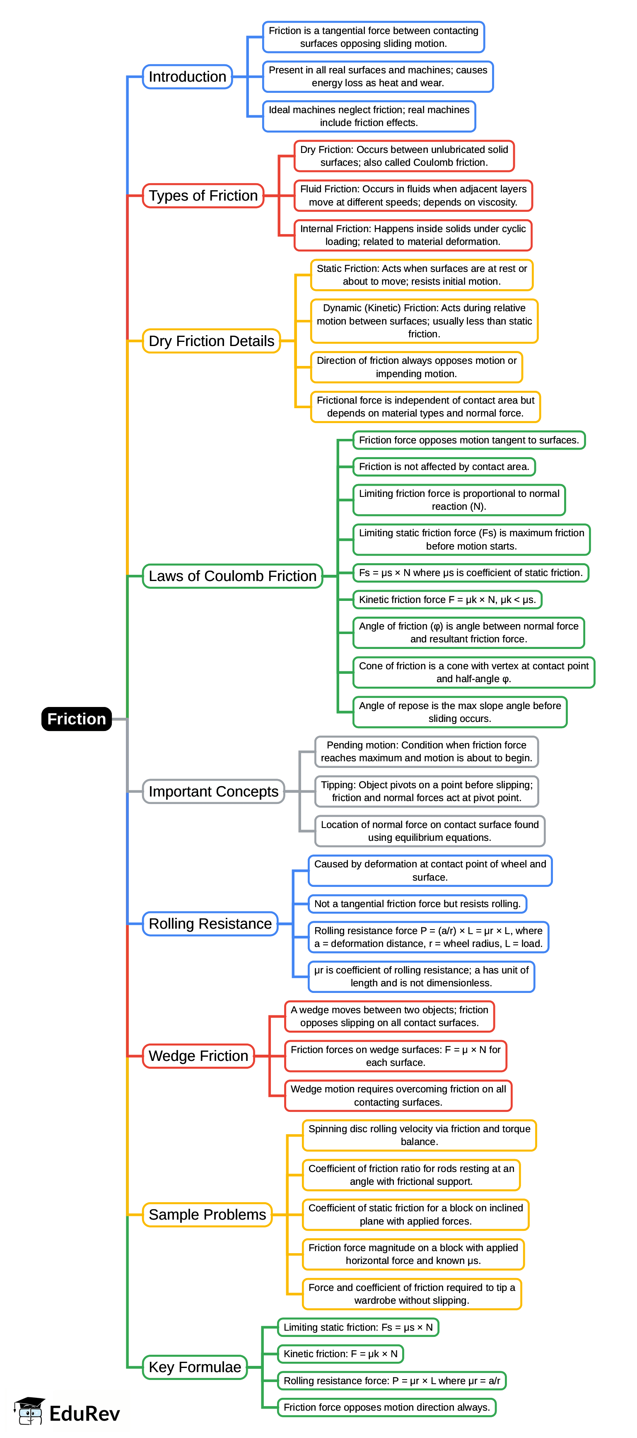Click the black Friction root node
(x=77, y=719)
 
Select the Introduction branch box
(x=188, y=77)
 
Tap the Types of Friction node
(x=203, y=195)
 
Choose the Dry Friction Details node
(x=211, y=341)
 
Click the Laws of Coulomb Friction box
(x=233, y=576)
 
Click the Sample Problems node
(x=207, y=1214)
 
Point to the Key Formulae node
(x=195, y=1367)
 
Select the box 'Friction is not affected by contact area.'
(x=444, y=467)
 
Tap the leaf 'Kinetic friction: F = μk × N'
(x=340, y=1354)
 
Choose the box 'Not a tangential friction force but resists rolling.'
(x=417, y=903)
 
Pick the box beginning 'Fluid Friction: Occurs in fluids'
(x=413, y=195)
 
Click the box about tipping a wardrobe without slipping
(x=412, y=1293)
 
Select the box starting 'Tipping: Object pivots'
(x=426, y=791)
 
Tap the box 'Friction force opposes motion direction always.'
(x=386, y=1407)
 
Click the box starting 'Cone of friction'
(x=473, y=672)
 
